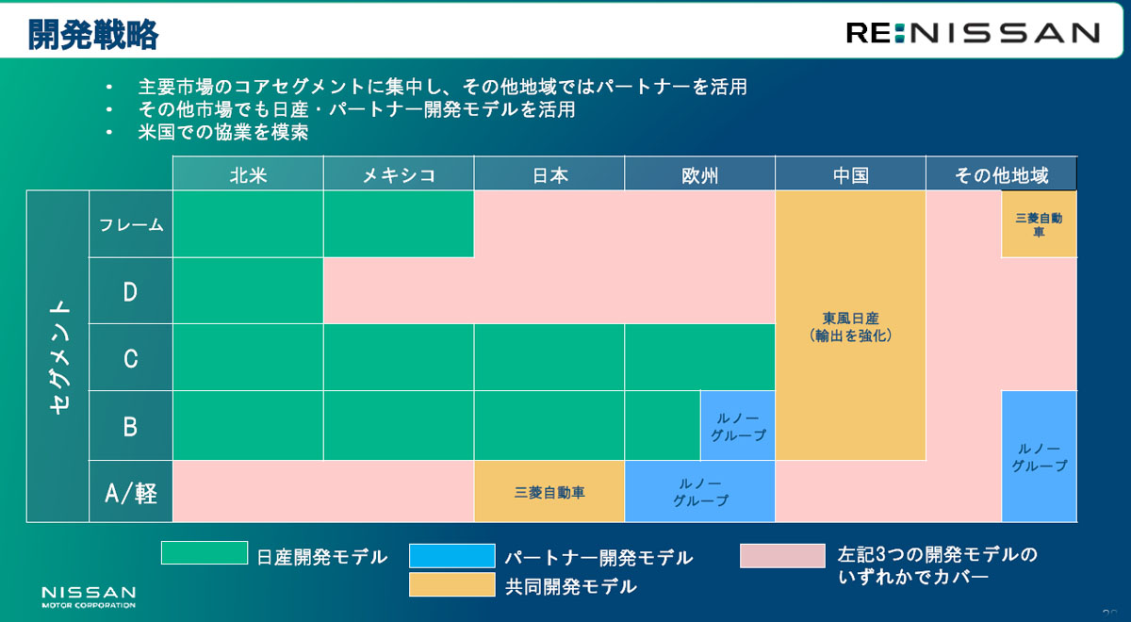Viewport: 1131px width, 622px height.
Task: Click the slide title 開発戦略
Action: tap(93, 34)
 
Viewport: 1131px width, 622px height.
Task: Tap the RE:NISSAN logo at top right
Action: tap(973, 33)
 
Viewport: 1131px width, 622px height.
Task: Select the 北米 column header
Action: tap(248, 173)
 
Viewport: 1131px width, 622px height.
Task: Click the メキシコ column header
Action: tap(399, 173)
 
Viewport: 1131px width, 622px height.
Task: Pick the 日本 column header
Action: tap(549, 173)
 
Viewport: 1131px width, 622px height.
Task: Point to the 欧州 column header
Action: tap(699, 173)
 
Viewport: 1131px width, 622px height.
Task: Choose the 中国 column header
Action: tap(851, 173)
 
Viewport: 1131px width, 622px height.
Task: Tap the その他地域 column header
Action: tap(1001, 173)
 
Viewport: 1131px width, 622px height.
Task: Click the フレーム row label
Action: tap(131, 224)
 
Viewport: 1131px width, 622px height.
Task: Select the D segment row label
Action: tap(131, 291)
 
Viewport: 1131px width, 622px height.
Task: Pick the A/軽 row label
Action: tap(131, 492)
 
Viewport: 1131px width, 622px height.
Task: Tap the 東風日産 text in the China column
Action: tap(851, 319)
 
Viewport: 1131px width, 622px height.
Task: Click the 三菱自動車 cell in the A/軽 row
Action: tap(549, 491)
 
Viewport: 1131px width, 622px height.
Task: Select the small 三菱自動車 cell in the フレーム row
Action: tap(1039, 224)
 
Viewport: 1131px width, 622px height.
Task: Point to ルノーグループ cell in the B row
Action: tap(738, 426)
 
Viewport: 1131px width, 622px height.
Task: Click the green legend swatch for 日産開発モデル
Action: tap(205, 553)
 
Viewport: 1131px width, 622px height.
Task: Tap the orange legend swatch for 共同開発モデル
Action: tap(451, 584)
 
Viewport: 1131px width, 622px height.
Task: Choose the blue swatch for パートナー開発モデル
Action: tap(451, 556)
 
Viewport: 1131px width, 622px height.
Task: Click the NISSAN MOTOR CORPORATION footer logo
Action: tap(89, 597)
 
